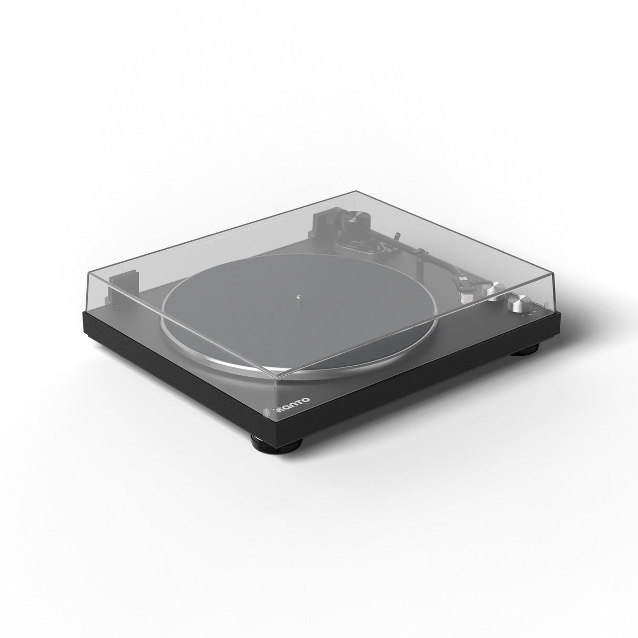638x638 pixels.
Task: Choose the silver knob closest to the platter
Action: [x=495, y=291]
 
